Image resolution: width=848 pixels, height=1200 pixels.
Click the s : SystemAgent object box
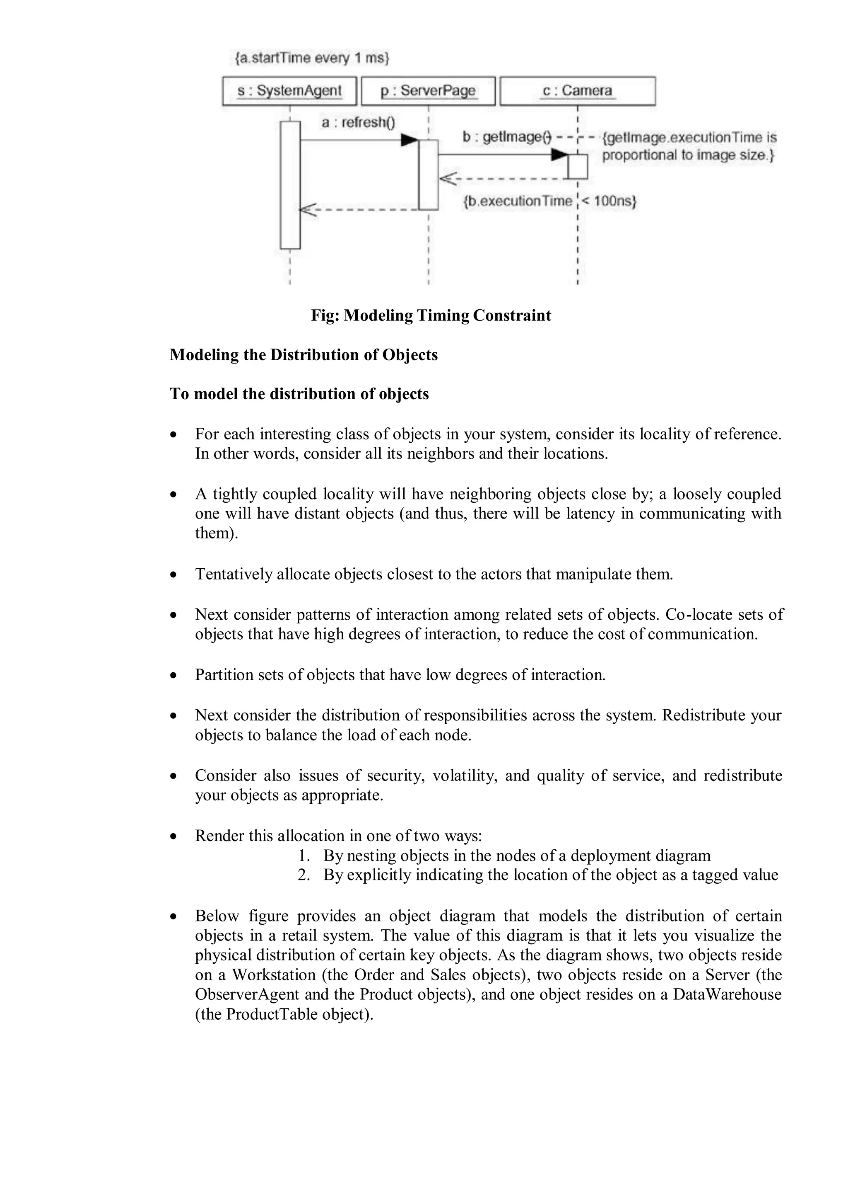289,91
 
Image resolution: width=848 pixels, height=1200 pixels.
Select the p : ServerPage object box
428,91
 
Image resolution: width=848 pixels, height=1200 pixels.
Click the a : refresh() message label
358,123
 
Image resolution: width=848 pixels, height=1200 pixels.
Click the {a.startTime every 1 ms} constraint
312,58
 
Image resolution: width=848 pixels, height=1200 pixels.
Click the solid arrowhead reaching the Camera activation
559,155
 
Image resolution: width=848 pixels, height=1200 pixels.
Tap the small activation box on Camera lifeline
578,167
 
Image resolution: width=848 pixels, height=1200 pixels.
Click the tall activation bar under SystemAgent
290,185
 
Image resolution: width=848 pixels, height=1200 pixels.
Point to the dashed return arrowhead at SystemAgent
307,210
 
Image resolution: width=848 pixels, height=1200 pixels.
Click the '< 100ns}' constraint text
609,201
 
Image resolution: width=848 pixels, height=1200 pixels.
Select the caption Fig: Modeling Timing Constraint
431,316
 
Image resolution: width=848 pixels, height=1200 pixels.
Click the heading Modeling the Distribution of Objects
304,355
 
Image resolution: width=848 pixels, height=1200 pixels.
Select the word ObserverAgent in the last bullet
247,994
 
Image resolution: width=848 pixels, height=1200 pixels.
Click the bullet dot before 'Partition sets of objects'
174,676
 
